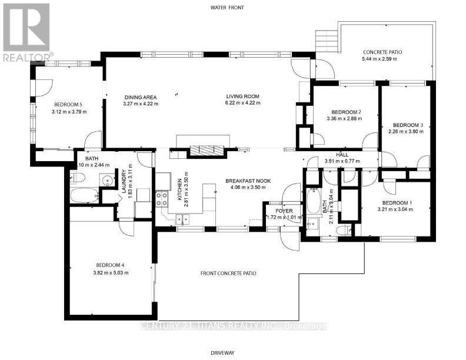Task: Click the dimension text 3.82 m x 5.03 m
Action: pyautogui.click(x=112, y=272)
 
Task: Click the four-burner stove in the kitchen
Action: pyautogui.click(x=161, y=198)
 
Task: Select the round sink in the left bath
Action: pyautogui.click(x=106, y=181)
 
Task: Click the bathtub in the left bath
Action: pyautogui.click(x=84, y=195)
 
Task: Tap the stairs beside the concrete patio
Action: pyautogui.click(x=325, y=41)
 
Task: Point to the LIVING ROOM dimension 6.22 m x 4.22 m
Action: pyautogui.click(x=243, y=104)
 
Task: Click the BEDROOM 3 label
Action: pyautogui.click(x=408, y=125)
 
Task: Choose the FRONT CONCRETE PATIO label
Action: pyautogui.click(x=229, y=273)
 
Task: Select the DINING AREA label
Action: pyautogui.click(x=141, y=97)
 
